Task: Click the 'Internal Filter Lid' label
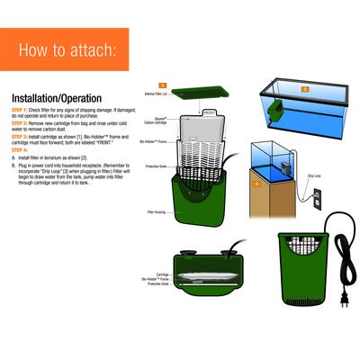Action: [157, 93]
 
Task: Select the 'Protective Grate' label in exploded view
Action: [157, 166]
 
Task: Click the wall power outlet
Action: [315, 202]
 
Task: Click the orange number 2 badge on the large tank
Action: [303, 90]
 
